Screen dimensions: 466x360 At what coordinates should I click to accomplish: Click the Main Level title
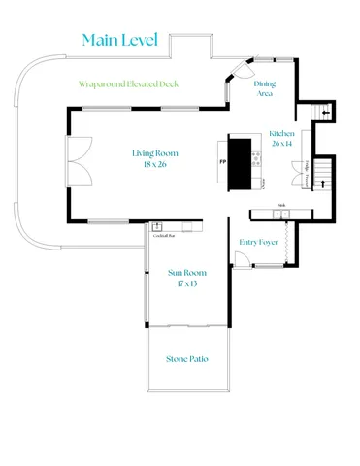tap(119, 40)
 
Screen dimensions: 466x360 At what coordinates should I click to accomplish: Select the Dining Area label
tap(264, 88)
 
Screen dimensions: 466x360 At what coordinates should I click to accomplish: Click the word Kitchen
tap(281, 132)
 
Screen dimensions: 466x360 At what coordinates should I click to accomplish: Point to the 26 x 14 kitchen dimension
tap(281, 143)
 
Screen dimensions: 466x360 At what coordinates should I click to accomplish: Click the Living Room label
tap(154, 152)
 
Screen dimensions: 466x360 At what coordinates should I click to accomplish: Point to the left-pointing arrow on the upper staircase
tap(324, 114)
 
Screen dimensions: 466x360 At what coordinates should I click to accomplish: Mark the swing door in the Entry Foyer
tap(239, 258)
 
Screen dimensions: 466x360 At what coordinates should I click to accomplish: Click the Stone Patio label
tap(186, 358)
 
